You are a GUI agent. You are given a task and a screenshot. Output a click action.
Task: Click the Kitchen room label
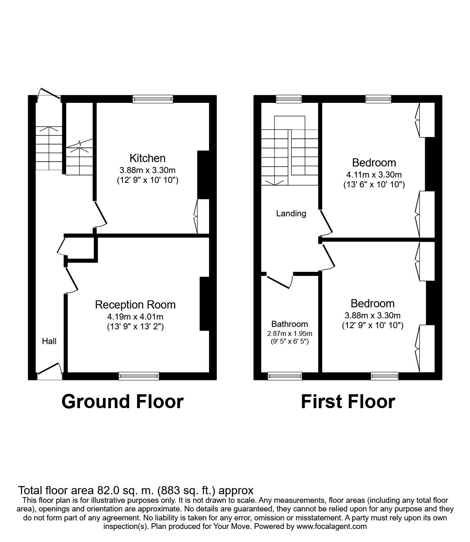147,158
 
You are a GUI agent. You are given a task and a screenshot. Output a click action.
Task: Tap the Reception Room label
135,304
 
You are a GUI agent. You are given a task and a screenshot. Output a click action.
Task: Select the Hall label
49,341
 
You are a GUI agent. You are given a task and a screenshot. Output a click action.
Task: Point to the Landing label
291,213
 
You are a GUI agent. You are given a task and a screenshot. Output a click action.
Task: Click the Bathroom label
290,324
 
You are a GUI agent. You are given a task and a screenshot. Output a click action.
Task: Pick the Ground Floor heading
122,402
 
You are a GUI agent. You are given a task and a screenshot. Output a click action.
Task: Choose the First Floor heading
347,402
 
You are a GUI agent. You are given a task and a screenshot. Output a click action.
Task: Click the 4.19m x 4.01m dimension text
135,316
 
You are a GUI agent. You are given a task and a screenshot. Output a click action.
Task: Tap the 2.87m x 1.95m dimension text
290,333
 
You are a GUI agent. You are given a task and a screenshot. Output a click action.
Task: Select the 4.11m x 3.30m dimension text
374,175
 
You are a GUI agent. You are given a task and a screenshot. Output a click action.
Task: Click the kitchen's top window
153,98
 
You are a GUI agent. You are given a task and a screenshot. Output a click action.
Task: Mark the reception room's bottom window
139,376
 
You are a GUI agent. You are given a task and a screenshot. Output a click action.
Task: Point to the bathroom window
285,376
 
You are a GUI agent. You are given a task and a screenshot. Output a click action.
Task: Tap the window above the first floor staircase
288,98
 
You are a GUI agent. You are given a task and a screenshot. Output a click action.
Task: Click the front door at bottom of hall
49,372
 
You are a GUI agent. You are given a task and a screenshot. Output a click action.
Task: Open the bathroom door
280,281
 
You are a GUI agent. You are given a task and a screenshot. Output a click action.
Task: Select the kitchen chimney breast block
203,175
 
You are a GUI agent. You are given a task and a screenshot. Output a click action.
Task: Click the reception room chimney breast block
204,304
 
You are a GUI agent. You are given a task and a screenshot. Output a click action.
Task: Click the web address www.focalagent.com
331,526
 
